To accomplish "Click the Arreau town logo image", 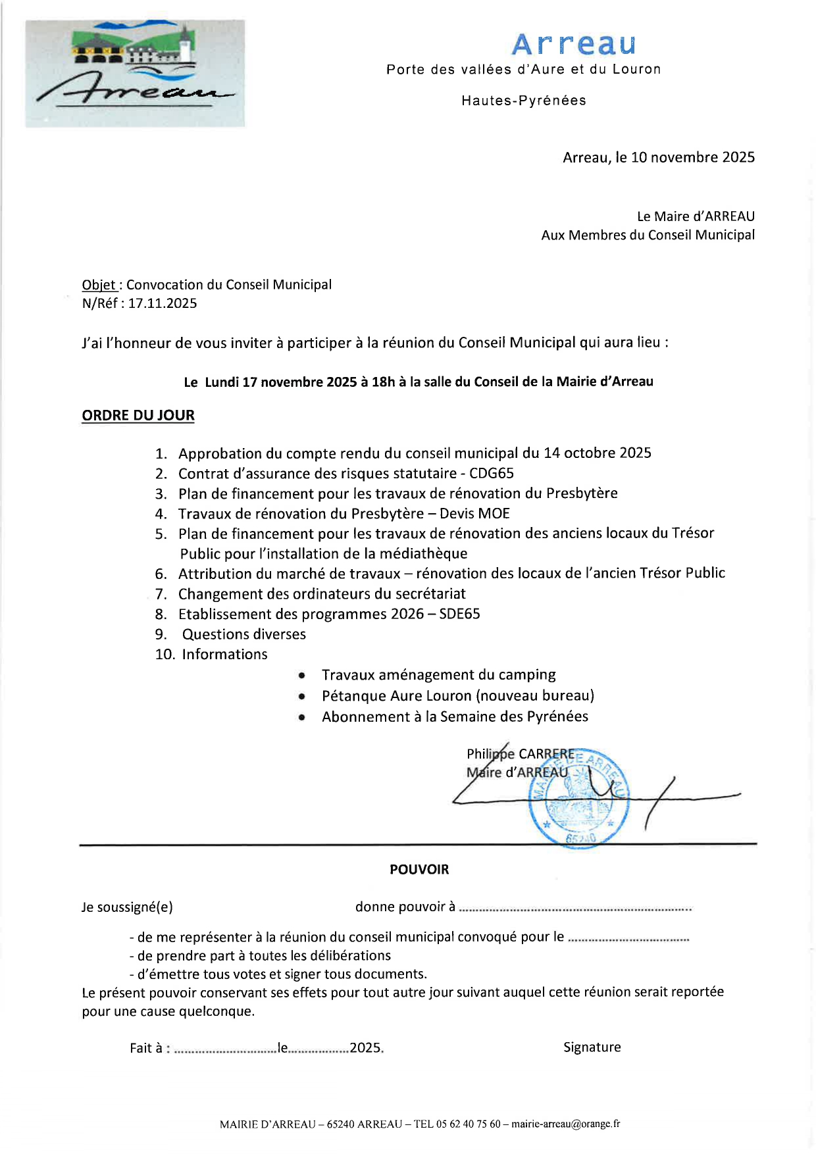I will pyautogui.click(x=135, y=73).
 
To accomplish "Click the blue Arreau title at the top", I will pyautogui.click(x=574, y=45).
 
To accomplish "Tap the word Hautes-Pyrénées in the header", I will pyautogui.click(x=523, y=101).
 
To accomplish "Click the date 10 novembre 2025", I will pyautogui.click(x=692, y=157).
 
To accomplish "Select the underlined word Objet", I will pyautogui.click(x=99, y=285).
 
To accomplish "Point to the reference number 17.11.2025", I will pyautogui.click(x=163, y=303).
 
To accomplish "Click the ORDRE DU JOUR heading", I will pyautogui.click(x=138, y=416).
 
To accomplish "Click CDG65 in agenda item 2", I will pyautogui.click(x=491, y=474).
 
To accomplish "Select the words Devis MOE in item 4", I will pyautogui.click(x=474, y=514).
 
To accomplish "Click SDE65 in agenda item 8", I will pyautogui.click(x=459, y=614).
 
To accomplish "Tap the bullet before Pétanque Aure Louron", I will pyautogui.click(x=301, y=696).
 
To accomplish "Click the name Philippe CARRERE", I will pyautogui.click(x=520, y=754).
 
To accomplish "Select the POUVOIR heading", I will pyautogui.click(x=419, y=870).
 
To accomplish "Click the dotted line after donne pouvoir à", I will pyautogui.click(x=574, y=909).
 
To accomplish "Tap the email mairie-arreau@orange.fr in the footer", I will pyautogui.click(x=565, y=1124).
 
